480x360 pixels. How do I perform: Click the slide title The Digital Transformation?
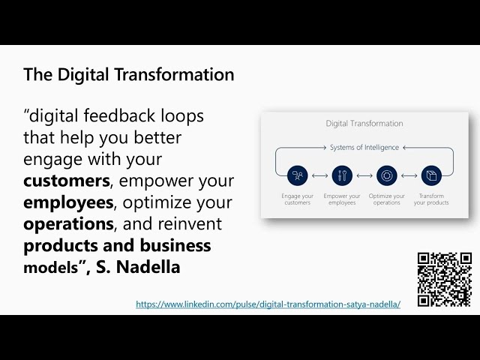pyautogui.click(x=128, y=75)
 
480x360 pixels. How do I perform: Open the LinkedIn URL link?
pyautogui.click(x=268, y=304)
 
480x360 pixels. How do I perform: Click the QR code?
pyautogui.click(x=444, y=279)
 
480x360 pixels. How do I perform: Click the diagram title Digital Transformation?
pyautogui.click(x=364, y=124)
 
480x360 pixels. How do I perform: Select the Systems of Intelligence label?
pyautogui.click(x=364, y=148)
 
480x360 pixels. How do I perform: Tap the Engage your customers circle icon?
pyautogui.click(x=297, y=176)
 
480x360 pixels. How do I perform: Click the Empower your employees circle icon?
pyautogui.click(x=342, y=176)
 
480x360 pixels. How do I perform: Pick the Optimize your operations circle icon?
pyautogui.click(x=387, y=176)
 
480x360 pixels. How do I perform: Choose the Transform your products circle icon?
pyautogui.click(x=431, y=176)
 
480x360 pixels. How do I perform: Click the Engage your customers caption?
pyautogui.click(x=297, y=199)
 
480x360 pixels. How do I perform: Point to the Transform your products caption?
pyautogui.click(x=431, y=199)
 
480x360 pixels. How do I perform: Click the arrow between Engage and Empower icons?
pyautogui.click(x=319, y=176)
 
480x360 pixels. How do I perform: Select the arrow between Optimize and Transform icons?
pyautogui.click(x=409, y=176)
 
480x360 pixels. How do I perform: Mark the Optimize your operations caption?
pyautogui.click(x=387, y=199)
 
